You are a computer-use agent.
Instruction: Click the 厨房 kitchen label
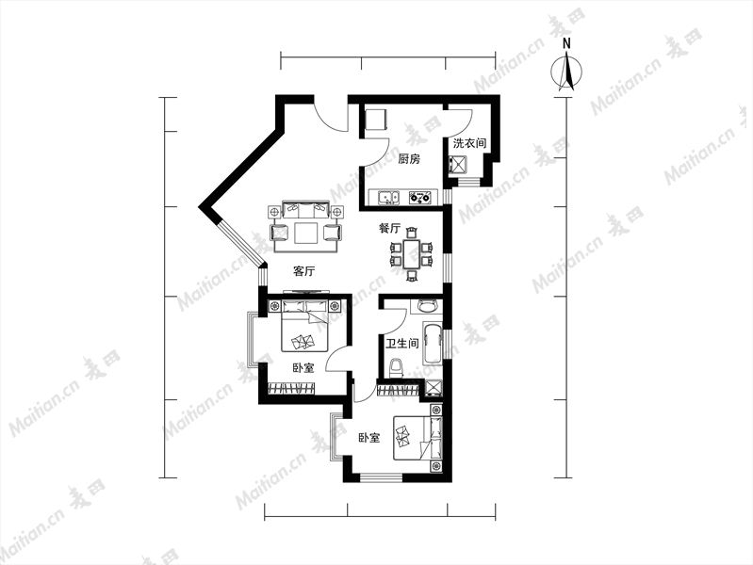(409, 159)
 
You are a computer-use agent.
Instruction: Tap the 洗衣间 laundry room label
(469, 143)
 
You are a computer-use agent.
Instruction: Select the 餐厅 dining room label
(389, 229)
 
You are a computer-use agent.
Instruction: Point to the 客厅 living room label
(303, 271)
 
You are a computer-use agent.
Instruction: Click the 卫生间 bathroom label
(402, 343)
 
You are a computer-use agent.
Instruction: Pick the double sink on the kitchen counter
(388, 198)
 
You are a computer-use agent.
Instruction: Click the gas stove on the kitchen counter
(420, 197)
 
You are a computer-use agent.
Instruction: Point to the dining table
(412, 254)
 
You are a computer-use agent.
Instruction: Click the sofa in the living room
(306, 210)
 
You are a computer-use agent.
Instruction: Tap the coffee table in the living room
(306, 234)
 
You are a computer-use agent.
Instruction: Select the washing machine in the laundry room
(457, 165)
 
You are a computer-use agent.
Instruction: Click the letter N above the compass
(566, 43)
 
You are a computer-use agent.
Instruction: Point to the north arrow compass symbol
(566, 72)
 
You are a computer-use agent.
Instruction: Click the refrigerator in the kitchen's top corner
(376, 120)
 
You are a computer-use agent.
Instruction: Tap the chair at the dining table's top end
(412, 234)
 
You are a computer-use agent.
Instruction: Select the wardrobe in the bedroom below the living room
(291, 388)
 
